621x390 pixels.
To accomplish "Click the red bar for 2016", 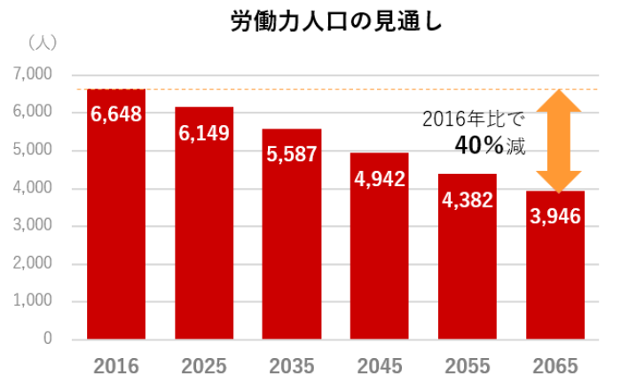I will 116,230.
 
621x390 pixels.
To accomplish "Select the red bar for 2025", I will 204,239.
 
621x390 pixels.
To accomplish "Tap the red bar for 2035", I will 292,248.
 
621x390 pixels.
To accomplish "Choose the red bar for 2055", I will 467,275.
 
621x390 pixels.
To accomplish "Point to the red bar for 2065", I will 555,284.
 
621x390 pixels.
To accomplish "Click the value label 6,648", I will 116,114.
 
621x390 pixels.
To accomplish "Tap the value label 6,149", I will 204,134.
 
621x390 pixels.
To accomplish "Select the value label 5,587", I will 292,154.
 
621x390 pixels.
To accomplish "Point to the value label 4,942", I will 380,179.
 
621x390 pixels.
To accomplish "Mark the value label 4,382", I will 468,200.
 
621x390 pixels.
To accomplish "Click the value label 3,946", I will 555,216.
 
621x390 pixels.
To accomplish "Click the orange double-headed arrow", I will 558,140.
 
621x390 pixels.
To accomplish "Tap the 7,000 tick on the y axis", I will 34,74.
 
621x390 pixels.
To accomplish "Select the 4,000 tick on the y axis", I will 34,188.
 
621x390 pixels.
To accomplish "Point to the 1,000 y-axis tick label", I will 34,300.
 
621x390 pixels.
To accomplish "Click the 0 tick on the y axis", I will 48,339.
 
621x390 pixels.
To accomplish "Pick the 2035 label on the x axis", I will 292,366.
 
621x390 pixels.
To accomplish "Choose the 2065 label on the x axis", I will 555,366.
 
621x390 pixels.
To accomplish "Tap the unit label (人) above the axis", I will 42,42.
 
